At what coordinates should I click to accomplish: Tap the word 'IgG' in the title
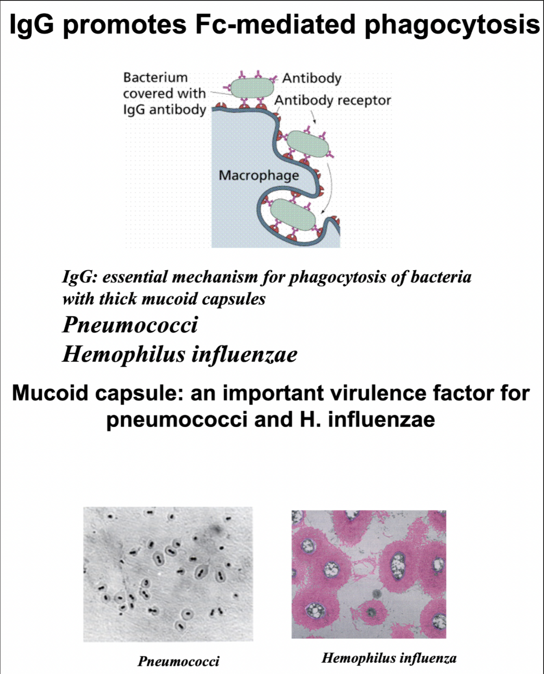point(31,24)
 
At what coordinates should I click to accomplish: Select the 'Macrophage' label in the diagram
point(259,175)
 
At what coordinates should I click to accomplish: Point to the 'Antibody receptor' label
point(332,100)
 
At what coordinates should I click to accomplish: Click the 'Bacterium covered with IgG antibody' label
point(164,93)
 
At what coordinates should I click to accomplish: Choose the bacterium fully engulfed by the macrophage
point(293,215)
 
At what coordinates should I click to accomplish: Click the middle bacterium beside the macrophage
point(308,144)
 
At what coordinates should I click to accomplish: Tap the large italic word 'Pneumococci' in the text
point(130,325)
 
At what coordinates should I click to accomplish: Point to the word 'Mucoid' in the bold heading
point(50,393)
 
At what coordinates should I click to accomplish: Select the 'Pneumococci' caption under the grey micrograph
point(178,661)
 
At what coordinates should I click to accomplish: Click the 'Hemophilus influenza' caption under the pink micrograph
point(389,658)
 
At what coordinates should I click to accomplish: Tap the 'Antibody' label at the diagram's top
point(312,78)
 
